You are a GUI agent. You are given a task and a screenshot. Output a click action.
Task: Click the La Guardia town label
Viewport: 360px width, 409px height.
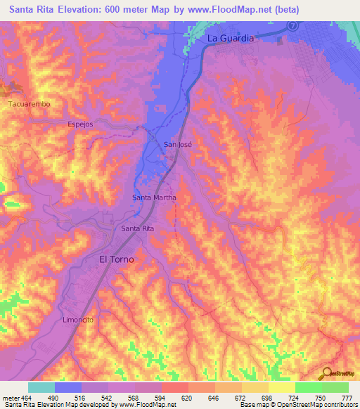click(x=230, y=39)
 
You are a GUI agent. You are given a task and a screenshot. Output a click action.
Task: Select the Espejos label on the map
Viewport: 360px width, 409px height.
click(x=80, y=124)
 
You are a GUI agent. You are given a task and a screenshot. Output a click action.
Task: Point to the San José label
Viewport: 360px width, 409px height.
click(x=178, y=144)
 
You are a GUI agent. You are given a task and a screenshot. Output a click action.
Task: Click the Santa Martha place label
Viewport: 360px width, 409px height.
click(x=154, y=198)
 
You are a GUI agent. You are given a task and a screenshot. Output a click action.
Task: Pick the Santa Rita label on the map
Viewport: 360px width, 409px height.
click(x=137, y=228)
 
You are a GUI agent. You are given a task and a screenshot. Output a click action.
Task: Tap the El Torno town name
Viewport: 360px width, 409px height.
click(x=116, y=259)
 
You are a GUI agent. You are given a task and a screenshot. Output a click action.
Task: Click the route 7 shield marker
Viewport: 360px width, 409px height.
click(x=292, y=24)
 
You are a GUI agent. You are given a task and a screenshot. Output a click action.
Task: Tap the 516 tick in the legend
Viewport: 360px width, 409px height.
click(x=82, y=398)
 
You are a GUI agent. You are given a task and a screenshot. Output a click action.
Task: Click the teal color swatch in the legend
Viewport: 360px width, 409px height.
click(x=41, y=387)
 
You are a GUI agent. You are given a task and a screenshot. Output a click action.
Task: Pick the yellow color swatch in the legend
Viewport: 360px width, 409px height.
click(x=281, y=387)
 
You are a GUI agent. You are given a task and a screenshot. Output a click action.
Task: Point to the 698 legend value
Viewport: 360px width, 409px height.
click(x=268, y=398)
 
